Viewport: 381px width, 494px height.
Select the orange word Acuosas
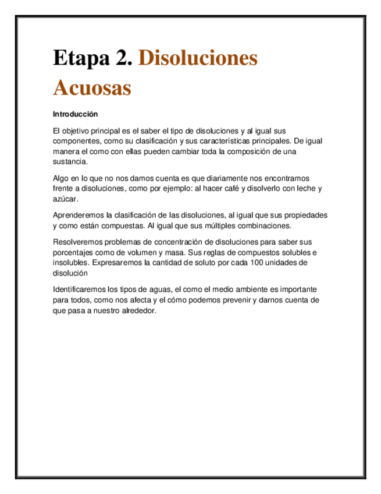point(92,88)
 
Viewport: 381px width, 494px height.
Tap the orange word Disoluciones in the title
point(198,58)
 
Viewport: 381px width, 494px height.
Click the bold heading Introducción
point(75,114)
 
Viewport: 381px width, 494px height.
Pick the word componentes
point(76,142)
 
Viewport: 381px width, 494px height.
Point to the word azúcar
point(65,199)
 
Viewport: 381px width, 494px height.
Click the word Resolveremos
point(79,242)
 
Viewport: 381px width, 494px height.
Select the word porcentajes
point(73,252)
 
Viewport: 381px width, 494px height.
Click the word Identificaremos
point(81,290)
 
